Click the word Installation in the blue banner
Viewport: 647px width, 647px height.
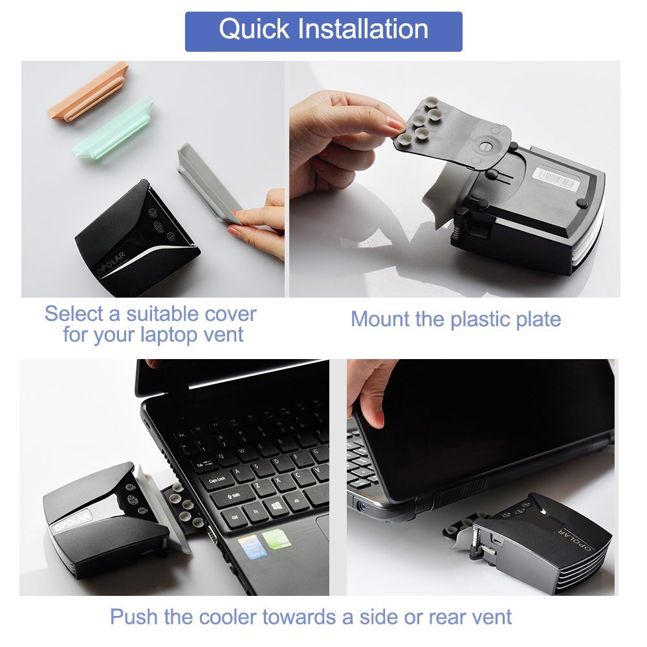click(x=363, y=29)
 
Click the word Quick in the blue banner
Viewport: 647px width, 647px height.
click(x=254, y=30)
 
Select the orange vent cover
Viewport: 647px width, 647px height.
click(x=88, y=91)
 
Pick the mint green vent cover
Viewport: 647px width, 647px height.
click(x=112, y=126)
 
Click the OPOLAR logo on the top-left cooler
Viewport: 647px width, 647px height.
click(x=110, y=264)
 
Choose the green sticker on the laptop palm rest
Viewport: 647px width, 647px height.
click(x=277, y=538)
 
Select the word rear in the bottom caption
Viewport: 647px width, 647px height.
click(x=448, y=618)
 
